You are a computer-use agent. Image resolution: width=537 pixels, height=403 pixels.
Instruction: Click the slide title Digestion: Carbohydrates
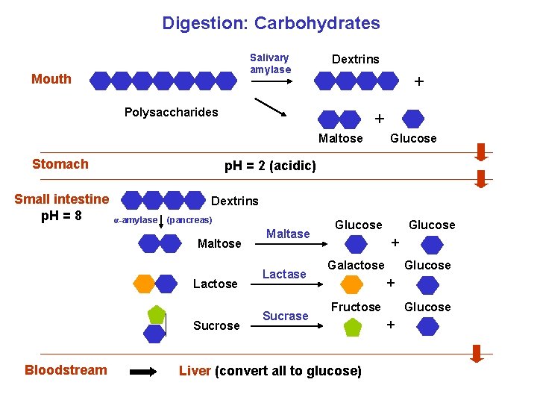point(271,23)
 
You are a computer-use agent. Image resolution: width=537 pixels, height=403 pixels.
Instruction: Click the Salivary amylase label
point(270,63)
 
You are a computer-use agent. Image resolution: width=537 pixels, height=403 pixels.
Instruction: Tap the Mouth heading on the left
point(51,79)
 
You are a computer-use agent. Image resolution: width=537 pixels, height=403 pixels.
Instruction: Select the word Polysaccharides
point(171,112)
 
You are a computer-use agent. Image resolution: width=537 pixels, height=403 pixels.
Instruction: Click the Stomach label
point(60,164)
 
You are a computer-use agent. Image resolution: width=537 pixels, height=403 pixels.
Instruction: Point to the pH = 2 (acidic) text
point(270,166)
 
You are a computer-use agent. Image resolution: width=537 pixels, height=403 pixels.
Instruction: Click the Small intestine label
point(62,199)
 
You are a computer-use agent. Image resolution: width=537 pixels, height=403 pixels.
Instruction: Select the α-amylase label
point(135,220)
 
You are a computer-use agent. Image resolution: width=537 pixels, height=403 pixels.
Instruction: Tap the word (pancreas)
point(189,220)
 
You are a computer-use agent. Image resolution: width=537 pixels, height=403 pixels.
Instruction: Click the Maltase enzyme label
point(288,234)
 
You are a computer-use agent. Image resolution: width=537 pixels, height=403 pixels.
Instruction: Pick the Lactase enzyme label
point(284,275)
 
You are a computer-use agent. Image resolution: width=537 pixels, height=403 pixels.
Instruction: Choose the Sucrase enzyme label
point(285,316)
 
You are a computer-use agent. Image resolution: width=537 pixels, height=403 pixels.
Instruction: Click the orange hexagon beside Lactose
point(143,284)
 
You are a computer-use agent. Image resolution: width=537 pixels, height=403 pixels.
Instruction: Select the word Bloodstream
point(66,370)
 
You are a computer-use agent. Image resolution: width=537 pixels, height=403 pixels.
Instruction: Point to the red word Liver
point(195,371)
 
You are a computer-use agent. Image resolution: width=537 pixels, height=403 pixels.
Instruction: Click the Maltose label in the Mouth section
point(340,138)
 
